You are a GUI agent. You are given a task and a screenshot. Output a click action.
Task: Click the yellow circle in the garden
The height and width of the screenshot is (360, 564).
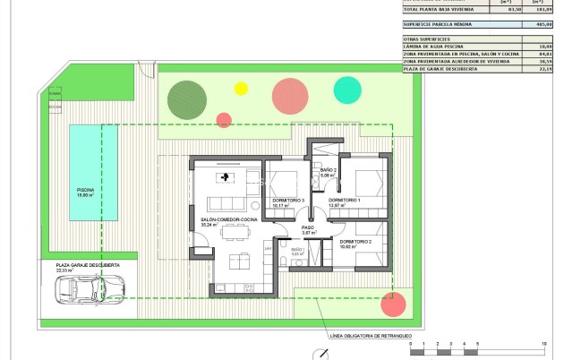click(240, 88)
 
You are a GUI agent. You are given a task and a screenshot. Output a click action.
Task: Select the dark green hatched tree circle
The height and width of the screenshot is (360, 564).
click(185, 97)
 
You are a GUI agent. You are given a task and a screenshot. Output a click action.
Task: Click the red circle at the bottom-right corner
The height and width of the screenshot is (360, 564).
click(392, 304)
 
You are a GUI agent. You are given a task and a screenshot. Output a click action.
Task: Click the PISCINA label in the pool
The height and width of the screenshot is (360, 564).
click(85, 192)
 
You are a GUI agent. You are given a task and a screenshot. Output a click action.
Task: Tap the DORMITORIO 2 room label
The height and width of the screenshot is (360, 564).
click(356, 243)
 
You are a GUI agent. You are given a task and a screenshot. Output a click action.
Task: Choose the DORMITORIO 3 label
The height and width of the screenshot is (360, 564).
click(289, 201)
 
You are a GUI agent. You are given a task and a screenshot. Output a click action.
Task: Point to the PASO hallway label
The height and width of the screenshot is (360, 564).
click(308, 227)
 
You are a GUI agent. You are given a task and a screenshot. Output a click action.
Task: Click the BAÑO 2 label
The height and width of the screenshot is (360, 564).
click(328, 170)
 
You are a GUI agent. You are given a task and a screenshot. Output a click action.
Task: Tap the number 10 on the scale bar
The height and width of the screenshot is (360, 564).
click(544, 343)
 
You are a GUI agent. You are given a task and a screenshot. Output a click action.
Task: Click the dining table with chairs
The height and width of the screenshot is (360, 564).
click(236, 232)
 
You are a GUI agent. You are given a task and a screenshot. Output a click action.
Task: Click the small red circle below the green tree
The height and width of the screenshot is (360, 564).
click(224, 120)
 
